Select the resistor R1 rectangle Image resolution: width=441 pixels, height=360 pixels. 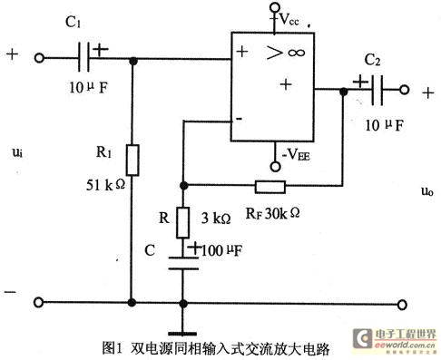(x=133, y=160)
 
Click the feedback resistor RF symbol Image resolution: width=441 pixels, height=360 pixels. (x=269, y=188)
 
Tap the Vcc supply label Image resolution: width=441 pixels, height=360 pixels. (x=289, y=16)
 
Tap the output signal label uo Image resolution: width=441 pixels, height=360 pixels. (x=427, y=191)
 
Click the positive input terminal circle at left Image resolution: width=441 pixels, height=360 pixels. (x=40, y=60)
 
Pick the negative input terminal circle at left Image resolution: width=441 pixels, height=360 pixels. (x=40, y=302)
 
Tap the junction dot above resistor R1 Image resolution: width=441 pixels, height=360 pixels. (x=133, y=60)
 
